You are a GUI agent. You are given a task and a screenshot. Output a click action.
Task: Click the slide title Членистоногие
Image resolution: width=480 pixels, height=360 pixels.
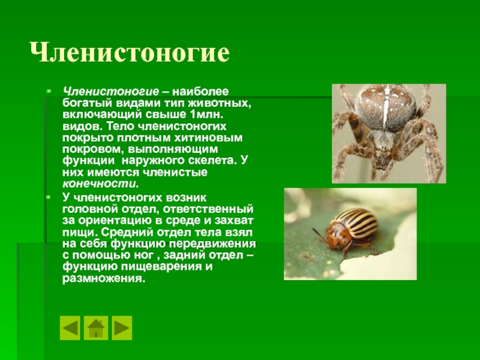[130, 52]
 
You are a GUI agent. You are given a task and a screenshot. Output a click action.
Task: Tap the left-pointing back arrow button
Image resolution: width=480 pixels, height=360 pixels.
[70, 328]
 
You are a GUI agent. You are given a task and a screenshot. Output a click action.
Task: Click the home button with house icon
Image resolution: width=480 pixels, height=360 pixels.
[96, 328]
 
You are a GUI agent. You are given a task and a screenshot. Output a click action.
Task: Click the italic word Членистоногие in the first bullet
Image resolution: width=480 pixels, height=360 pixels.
[111, 92]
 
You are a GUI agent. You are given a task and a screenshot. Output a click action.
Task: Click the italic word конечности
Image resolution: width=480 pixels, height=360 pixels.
[100, 184]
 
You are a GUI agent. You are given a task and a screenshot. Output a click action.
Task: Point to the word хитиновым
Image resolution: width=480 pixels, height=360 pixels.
[208, 138]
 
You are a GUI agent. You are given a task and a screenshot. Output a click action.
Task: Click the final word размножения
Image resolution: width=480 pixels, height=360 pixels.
[103, 278]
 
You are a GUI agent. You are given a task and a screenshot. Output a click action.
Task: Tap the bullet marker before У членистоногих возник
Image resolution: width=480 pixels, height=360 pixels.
[49, 197]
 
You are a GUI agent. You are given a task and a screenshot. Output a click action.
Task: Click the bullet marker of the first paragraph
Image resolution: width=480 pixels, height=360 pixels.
[49, 91]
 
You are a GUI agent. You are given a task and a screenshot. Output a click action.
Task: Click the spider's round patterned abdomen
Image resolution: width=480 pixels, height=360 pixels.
[386, 108]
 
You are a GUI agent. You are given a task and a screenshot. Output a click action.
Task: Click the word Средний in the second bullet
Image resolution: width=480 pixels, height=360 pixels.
[127, 232]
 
